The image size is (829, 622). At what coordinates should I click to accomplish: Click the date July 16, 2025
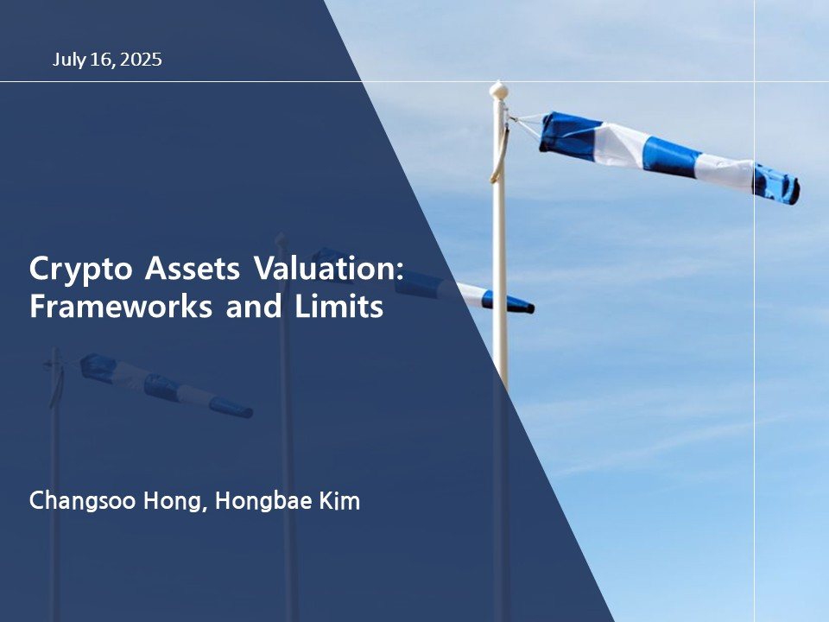pos(107,60)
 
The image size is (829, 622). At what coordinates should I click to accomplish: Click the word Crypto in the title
pos(73,270)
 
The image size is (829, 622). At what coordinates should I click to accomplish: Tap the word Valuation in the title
pos(328,269)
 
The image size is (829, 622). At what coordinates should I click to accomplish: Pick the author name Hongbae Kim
pos(287,501)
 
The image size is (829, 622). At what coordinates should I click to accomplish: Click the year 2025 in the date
pos(142,60)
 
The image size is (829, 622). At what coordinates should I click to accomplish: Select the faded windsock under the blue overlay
pos(164,386)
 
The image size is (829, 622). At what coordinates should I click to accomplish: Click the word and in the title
pos(248,307)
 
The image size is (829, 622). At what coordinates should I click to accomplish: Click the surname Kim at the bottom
pos(340,501)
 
